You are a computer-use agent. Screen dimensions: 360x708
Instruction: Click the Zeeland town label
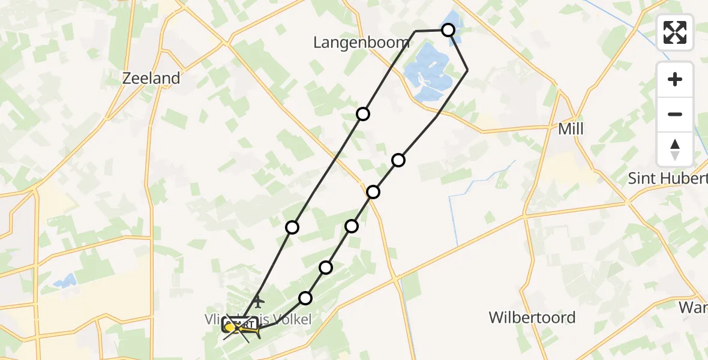click(151, 78)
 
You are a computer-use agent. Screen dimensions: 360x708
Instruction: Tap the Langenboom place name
click(362, 42)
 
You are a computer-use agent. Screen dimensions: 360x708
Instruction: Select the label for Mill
click(570, 129)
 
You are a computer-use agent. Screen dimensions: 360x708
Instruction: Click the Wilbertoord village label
click(532, 317)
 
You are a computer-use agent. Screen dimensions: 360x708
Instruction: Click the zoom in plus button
click(675, 79)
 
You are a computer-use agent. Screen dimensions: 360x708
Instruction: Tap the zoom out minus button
click(675, 114)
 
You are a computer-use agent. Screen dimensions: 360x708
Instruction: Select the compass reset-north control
click(675, 149)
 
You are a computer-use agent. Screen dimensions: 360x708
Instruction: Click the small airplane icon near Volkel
click(258, 300)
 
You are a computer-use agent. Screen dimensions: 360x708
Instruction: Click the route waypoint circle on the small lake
click(448, 29)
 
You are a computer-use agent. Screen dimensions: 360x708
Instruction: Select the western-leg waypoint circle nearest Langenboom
click(362, 114)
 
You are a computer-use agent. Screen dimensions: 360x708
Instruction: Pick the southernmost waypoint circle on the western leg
click(292, 227)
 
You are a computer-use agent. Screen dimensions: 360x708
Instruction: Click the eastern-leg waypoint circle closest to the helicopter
click(305, 298)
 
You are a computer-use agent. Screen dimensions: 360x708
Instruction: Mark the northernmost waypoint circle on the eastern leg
click(398, 160)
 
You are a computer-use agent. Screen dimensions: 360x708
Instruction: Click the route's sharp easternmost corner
click(467, 71)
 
